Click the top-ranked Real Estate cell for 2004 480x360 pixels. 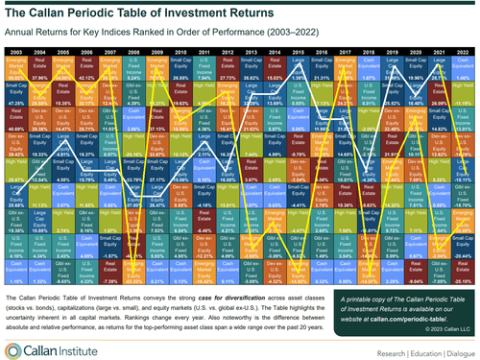(40, 65)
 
